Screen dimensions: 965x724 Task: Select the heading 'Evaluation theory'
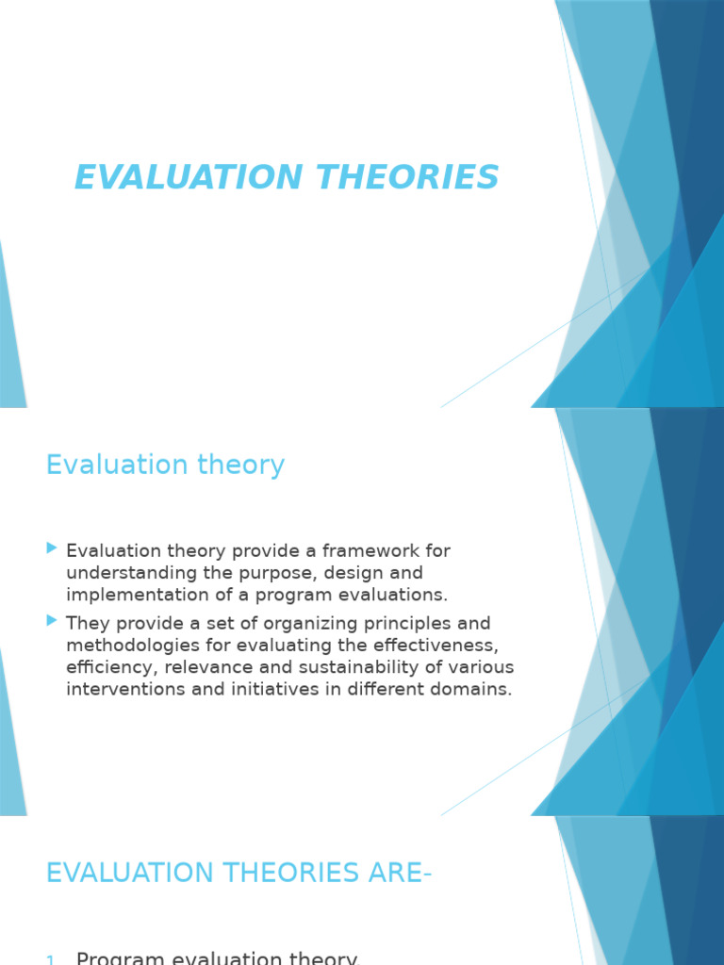click(165, 465)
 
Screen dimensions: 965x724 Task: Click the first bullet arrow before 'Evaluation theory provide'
click(52, 548)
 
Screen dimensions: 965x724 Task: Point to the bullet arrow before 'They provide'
click(52, 621)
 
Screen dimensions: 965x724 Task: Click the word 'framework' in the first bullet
click(360, 550)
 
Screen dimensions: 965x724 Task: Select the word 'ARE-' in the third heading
click(401, 873)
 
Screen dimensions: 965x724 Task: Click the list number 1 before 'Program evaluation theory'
click(50, 959)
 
